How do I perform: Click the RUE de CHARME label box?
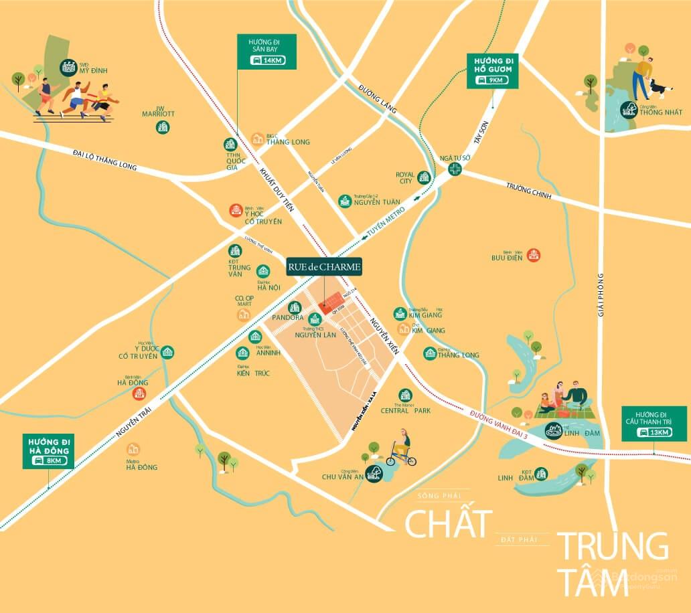(325, 266)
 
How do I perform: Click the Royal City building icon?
(423, 177)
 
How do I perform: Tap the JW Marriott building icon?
(163, 127)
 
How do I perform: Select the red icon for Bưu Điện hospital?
(534, 254)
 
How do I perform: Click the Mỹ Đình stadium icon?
(67, 66)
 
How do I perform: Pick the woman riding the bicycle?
(402, 447)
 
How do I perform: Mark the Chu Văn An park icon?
(375, 472)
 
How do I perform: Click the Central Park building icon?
(404, 396)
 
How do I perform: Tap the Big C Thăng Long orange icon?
(258, 139)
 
